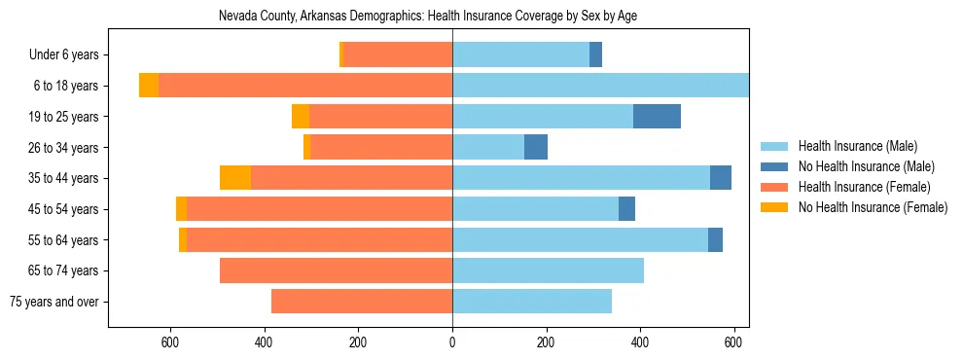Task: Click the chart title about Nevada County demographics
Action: [428, 17]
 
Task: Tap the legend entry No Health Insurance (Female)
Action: [873, 207]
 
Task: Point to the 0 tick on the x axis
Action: [452, 342]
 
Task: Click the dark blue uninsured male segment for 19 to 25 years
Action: [657, 117]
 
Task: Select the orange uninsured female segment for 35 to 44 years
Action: [235, 178]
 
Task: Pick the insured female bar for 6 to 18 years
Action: [384, 86]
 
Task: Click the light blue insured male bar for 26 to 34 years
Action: [488, 147]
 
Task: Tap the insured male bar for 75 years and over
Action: [532, 302]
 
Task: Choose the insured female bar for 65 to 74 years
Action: [336, 270]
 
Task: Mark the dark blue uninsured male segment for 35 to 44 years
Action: [721, 178]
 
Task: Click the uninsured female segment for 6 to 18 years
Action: [149, 86]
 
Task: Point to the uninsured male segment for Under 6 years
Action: [596, 55]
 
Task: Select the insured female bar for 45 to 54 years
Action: [319, 209]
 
